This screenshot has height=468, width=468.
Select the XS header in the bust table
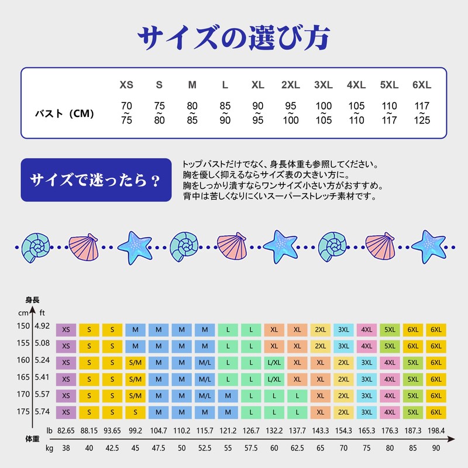coord(126,85)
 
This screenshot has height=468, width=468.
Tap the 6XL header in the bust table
coord(421,85)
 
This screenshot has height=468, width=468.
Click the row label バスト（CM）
coord(64,113)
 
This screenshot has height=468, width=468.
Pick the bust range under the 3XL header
coord(324,113)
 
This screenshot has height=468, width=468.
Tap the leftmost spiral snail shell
coord(37,246)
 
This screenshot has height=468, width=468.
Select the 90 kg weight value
coord(436,449)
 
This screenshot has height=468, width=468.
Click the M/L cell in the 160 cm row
coord(205,363)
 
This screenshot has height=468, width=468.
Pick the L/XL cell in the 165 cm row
coord(274,379)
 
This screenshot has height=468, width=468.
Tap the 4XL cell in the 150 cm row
coord(367,329)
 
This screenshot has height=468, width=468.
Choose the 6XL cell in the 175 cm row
coord(436,412)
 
